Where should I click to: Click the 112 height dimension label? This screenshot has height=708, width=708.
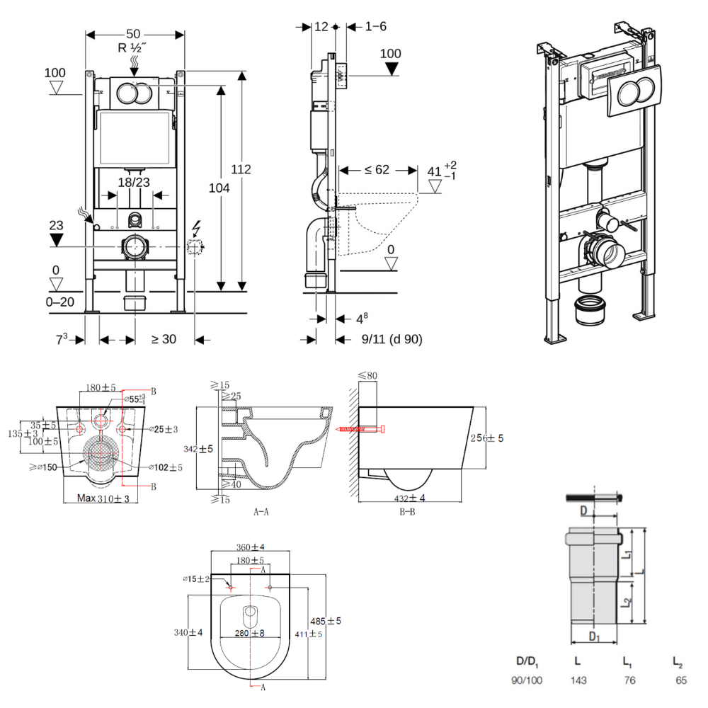click(242, 169)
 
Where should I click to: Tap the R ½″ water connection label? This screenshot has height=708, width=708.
click(134, 48)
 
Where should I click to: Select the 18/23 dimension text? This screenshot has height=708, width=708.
click(134, 182)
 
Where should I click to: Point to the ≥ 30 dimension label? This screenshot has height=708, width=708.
click(164, 339)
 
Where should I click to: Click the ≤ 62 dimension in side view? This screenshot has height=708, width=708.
click(376, 170)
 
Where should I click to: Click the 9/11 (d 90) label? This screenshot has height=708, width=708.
click(392, 339)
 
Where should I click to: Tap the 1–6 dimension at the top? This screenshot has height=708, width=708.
click(375, 26)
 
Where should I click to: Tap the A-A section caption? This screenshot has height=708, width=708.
click(261, 510)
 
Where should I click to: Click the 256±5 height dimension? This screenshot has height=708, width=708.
click(487, 438)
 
